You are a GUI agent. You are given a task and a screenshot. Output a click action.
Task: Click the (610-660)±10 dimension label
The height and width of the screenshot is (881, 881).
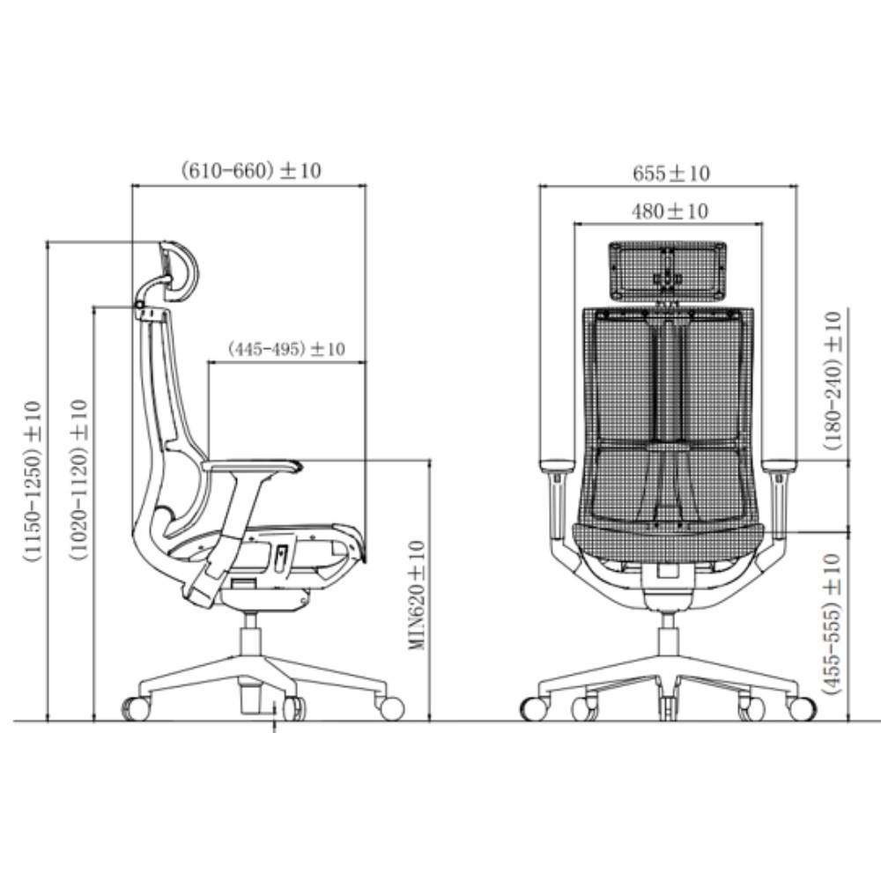click(250, 171)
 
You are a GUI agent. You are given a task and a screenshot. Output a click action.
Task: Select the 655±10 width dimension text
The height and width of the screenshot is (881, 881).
click(670, 174)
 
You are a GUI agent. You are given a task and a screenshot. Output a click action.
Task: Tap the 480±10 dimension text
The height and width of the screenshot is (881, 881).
click(670, 211)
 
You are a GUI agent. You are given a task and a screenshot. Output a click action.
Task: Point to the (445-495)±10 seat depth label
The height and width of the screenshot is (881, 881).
click(286, 349)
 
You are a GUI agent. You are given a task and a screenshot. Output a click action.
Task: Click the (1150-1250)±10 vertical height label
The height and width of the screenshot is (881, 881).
click(33, 481)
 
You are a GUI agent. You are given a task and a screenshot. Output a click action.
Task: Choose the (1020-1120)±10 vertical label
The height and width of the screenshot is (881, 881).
click(78, 481)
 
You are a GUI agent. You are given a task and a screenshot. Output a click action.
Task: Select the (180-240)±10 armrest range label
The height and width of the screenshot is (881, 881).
click(833, 381)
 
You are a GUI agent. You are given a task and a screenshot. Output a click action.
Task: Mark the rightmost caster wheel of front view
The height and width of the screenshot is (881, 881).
click(803, 708)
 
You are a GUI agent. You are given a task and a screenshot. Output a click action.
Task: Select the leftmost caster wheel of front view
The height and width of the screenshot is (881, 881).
click(534, 708)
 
